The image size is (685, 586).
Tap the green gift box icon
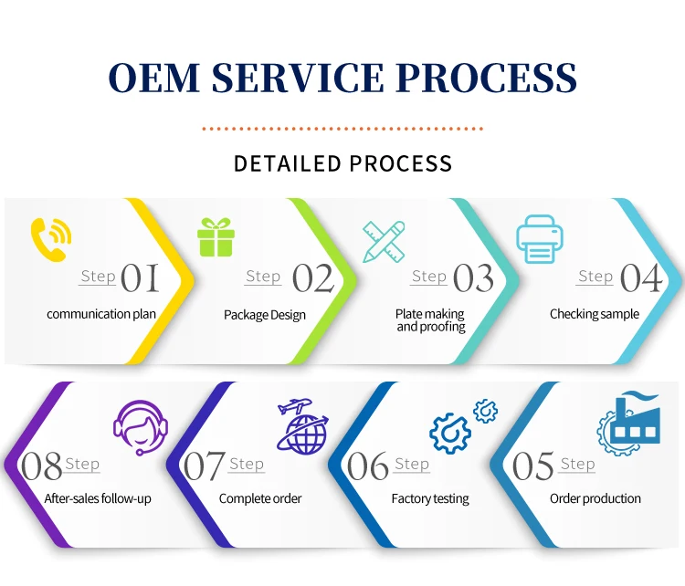click(216, 238)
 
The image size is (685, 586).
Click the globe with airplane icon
click(301, 425)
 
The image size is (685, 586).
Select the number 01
click(140, 278)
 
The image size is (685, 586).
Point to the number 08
click(41, 466)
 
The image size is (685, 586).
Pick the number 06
click(368, 466)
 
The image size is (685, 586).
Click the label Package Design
click(265, 315)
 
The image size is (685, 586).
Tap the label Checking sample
click(595, 314)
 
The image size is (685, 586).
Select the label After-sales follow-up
click(98, 499)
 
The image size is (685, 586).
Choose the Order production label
click(595, 499)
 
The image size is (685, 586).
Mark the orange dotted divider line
click(342, 129)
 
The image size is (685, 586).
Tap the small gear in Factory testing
click(486, 411)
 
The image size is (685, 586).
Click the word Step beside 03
click(428, 276)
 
